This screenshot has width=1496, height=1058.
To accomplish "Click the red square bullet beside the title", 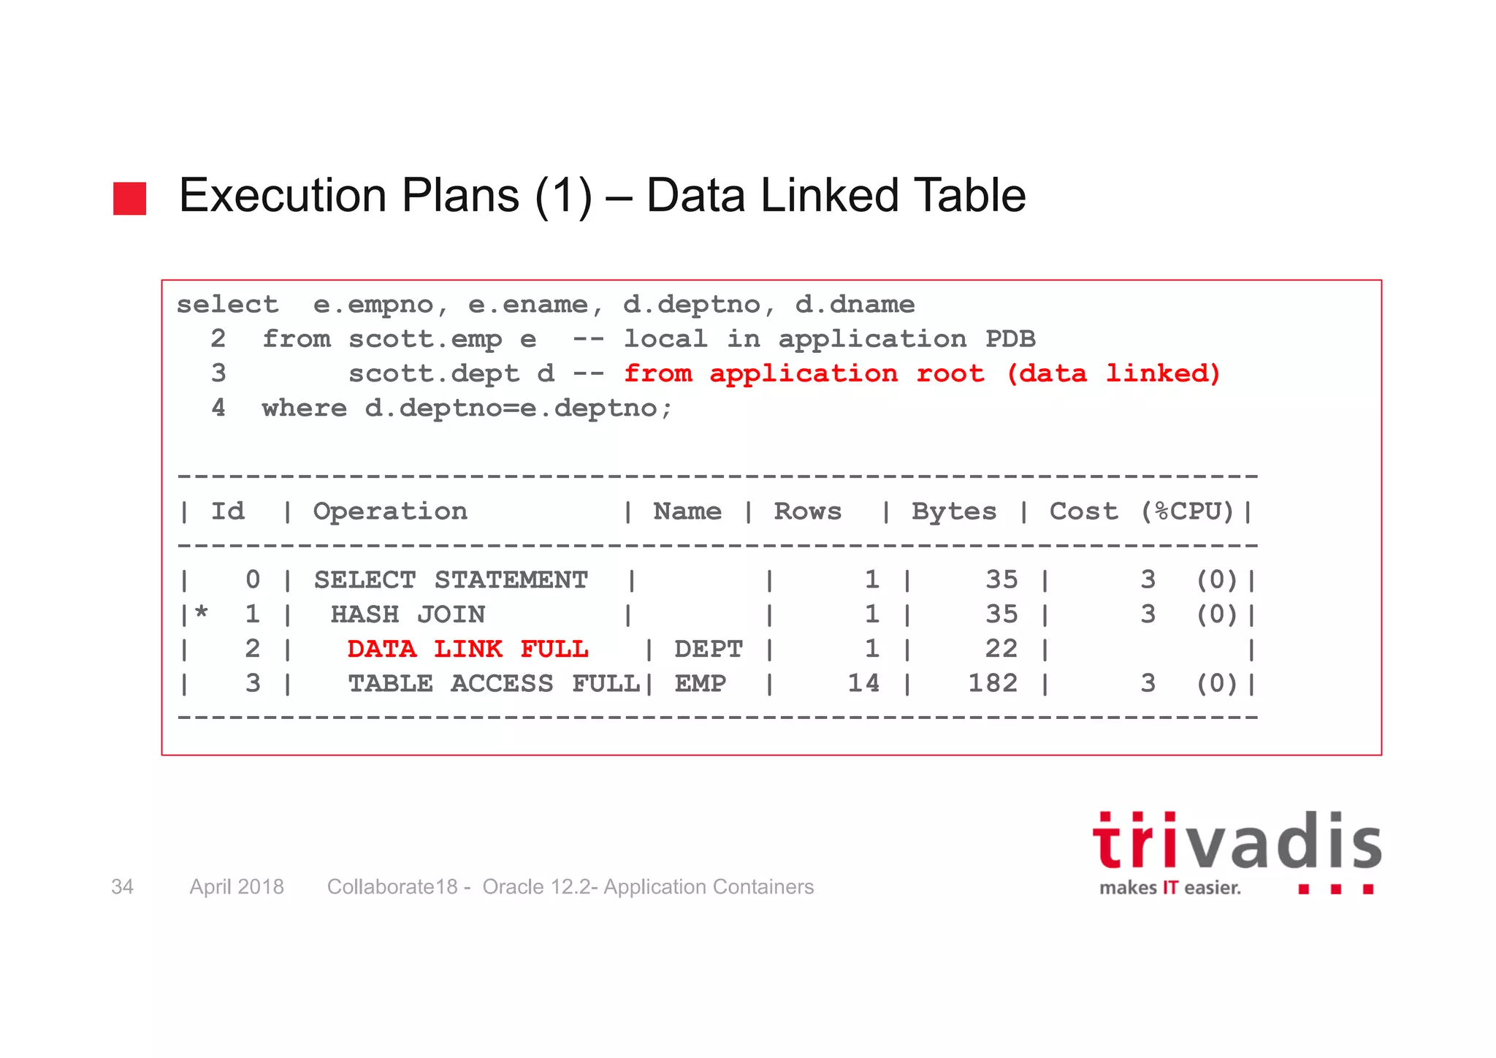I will (x=129, y=199).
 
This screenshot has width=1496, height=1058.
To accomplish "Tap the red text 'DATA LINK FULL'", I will (x=467, y=649).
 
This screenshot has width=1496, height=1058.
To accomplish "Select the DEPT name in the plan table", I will (x=708, y=649).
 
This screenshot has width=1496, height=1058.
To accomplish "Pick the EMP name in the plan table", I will (x=700, y=684).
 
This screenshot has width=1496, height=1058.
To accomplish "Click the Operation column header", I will (x=390, y=511).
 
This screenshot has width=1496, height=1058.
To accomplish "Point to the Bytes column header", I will (x=953, y=511).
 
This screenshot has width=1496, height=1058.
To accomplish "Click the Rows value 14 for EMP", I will (x=863, y=684).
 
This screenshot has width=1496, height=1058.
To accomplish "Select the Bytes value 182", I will (x=993, y=684).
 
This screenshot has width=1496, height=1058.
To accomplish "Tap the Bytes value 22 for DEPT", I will (x=1001, y=649).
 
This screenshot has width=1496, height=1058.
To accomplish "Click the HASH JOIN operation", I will (x=408, y=614).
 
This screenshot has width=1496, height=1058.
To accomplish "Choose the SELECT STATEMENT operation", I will (x=451, y=580).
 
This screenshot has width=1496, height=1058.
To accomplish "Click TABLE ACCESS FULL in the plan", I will (x=493, y=684).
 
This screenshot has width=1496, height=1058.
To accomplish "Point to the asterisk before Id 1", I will (x=202, y=613).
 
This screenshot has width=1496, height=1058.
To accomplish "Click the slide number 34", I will (x=122, y=887).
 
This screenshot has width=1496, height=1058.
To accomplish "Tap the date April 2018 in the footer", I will (x=237, y=887).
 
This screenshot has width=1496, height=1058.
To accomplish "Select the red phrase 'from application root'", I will (x=804, y=374).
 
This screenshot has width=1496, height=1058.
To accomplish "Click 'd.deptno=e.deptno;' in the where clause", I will (x=519, y=408).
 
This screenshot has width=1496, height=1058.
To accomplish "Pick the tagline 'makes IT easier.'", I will (x=1170, y=888).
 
